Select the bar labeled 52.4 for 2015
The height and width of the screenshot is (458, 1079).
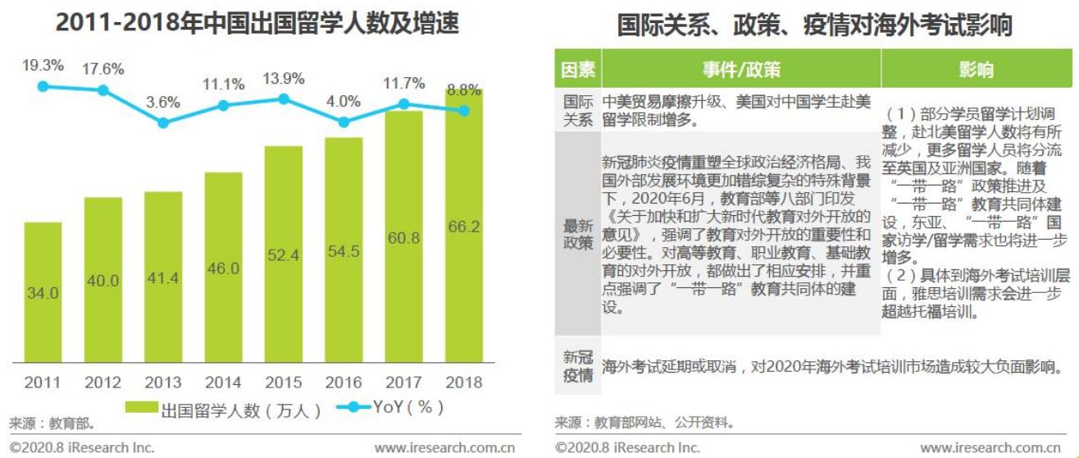pos(284,254)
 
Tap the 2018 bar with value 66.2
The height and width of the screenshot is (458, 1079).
pos(464,226)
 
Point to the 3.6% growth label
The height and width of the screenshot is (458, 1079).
pos(163,103)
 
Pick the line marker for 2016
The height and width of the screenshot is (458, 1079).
pos(344,121)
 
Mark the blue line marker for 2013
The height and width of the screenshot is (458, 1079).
pos(163,122)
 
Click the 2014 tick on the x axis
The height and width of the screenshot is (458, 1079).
pos(223,382)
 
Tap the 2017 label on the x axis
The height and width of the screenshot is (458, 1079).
pos(403,382)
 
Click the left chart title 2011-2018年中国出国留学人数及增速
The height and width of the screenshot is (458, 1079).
pos(257,23)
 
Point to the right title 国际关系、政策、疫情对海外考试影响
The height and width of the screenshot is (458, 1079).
pos(814,25)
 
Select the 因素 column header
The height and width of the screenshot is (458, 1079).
pos(578,70)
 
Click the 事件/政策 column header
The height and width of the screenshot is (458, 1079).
pos(740,70)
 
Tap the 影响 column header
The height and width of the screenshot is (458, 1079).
pos(976,70)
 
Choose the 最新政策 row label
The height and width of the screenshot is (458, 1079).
pos(578,234)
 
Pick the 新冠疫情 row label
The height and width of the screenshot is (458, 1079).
pos(578,366)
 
